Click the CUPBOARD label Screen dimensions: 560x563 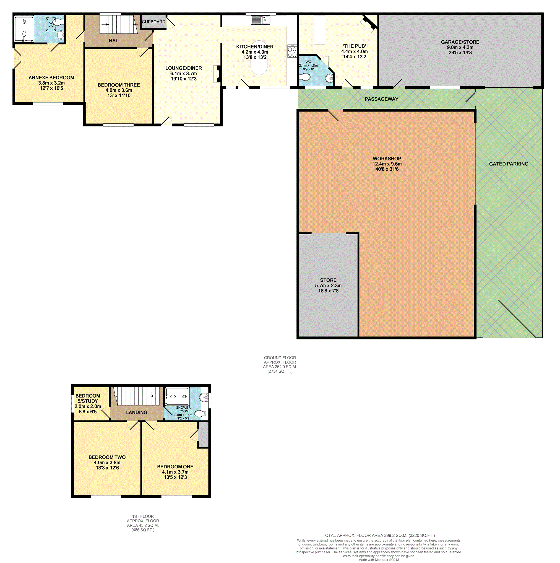pos(153,22)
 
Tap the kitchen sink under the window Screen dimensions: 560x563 pos(260,20)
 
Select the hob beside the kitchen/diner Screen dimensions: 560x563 pos(292,51)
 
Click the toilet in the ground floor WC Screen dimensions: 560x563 pos(304,77)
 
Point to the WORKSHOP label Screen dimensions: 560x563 pos(387,159)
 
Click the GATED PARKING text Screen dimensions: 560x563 pos(509,164)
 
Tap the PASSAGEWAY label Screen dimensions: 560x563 pos(381,99)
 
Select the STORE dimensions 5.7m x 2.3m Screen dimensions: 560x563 pos(328,286)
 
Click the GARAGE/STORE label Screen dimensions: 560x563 pos(460,42)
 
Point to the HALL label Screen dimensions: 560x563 pos(115,41)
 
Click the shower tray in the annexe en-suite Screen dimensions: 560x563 pos(24,29)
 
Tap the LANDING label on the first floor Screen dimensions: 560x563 pos(137,412)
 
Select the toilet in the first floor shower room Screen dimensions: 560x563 pos(200,414)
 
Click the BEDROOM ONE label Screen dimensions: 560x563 pos(175,466)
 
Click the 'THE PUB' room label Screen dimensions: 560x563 pos(355,46)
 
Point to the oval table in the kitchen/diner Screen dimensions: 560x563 pos(259,58)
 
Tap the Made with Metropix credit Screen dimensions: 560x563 pos(379,560)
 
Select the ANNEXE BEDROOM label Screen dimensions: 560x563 pos(51,77)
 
